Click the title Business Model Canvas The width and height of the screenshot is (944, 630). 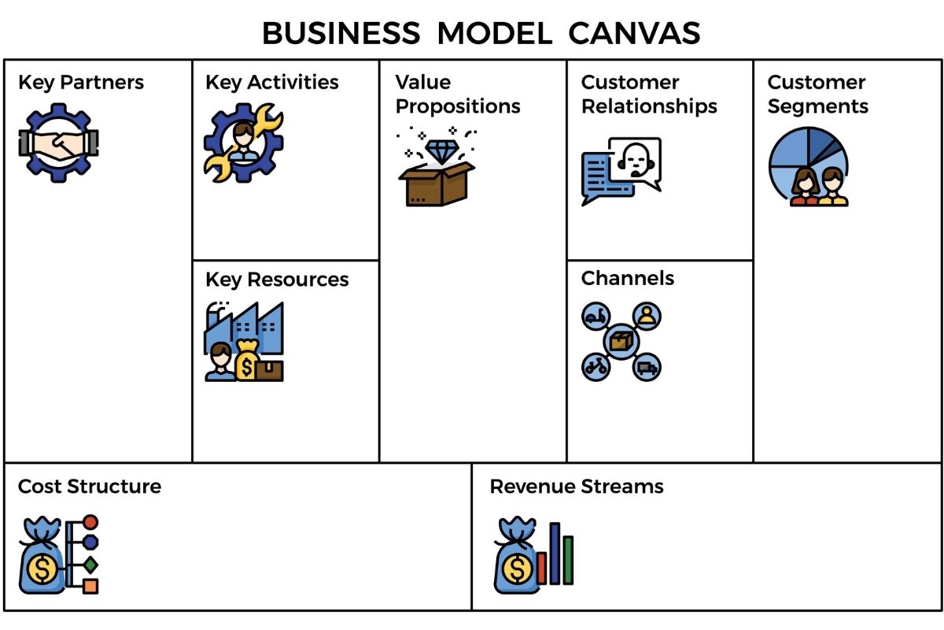pyautogui.click(x=481, y=33)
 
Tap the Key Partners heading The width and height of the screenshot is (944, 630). pyautogui.click(x=81, y=83)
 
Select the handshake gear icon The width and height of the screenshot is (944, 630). pyautogui.click(x=58, y=143)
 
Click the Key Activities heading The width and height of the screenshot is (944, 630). pyautogui.click(x=272, y=83)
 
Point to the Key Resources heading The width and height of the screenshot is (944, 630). pyautogui.click(x=277, y=280)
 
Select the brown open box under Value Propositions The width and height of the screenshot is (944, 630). pyautogui.click(x=436, y=184)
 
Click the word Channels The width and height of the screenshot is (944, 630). pyautogui.click(x=628, y=278)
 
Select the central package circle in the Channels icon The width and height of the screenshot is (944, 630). pyautogui.click(x=621, y=342)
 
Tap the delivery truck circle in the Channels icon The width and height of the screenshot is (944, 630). pyautogui.click(x=647, y=367)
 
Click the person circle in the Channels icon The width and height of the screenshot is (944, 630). pyautogui.click(x=647, y=317)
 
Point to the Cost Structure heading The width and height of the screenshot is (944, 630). pyautogui.click(x=90, y=487)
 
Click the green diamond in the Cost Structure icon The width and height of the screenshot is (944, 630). pyautogui.click(x=90, y=564)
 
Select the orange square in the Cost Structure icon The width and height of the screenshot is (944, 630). pyautogui.click(x=90, y=586)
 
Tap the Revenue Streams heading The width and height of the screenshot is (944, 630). pyautogui.click(x=577, y=487)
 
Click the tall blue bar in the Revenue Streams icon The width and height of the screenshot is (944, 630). pyautogui.click(x=555, y=553)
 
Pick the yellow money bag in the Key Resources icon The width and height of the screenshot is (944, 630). pyautogui.click(x=247, y=362)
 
